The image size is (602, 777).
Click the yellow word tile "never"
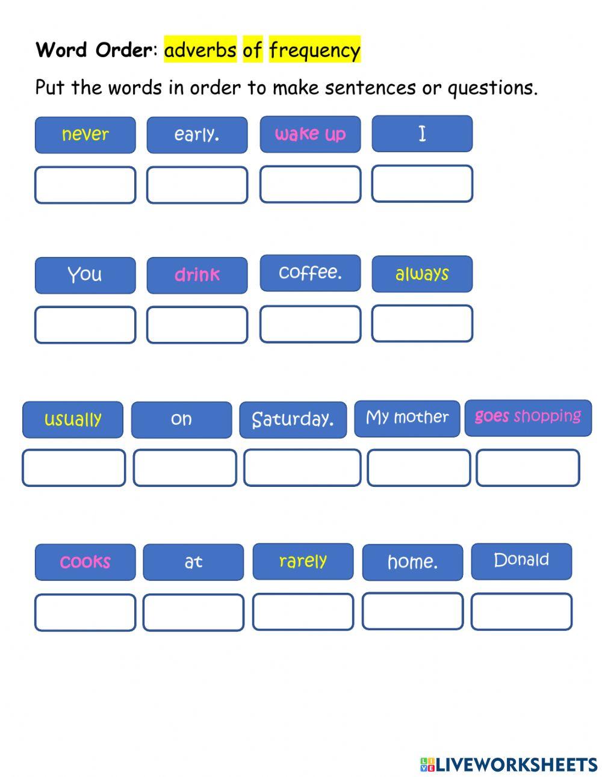coord(85,135)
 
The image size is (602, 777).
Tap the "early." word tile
coord(197,135)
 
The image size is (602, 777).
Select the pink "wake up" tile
coord(310,134)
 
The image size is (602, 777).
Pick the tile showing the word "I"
coord(422,134)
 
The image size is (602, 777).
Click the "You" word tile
coord(85,275)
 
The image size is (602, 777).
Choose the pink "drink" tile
coord(197,275)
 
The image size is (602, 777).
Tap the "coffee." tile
coord(310,273)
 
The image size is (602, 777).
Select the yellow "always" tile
coord(422,274)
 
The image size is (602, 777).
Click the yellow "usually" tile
coord(73,419)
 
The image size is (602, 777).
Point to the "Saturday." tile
coord(293,419)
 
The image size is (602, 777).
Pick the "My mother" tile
coord(407,418)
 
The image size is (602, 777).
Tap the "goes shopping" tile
coord(528,417)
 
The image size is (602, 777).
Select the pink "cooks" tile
coord(85,562)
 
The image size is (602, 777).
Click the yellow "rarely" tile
coord(303,561)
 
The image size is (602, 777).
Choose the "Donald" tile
coord(521,561)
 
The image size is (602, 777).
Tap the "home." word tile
coord(412,562)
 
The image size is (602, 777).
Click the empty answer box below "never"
coord(85,185)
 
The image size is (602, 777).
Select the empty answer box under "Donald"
coord(521,611)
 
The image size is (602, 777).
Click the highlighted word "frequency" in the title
coord(315,50)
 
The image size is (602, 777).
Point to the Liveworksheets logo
coord(509,764)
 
